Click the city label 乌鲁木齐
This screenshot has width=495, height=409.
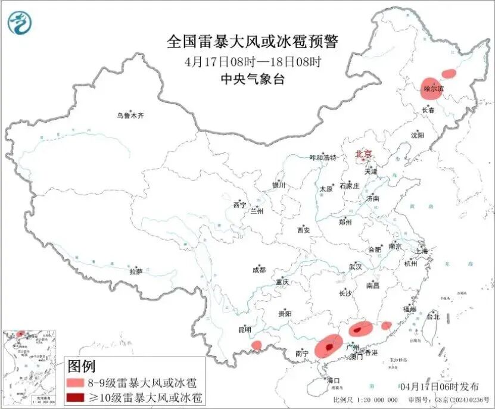130,115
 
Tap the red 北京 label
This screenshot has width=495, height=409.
363,154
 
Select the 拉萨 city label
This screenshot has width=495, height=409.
136,271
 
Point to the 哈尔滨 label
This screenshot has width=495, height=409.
434,89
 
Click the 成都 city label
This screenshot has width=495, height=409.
259,270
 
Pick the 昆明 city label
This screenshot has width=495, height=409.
244,329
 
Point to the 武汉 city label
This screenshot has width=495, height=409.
356,267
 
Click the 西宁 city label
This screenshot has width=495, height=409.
239,205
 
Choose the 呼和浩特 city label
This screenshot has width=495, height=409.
323,158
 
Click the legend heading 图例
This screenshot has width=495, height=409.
82,366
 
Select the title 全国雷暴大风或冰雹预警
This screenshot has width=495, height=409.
253,42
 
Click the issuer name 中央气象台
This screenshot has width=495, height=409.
253,79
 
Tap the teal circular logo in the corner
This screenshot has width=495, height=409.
20,23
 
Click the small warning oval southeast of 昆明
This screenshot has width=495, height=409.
257,345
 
